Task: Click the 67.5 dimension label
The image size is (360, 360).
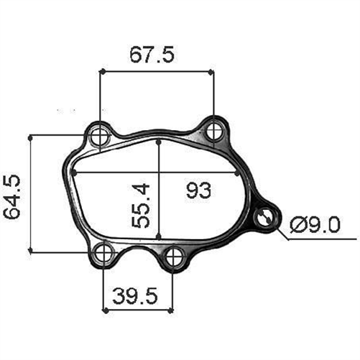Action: pyautogui.click(x=152, y=55)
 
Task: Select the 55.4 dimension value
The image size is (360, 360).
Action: pyautogui.click(x=141, y=205)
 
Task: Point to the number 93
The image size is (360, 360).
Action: pyautogui.click(x=198, y=190)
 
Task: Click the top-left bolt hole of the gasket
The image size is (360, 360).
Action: pyautogui.click(x=100, y=133)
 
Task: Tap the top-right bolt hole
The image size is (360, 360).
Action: pyautogui.click(x=213, y=131)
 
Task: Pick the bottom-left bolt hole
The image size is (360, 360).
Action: pyautogui.click(x=106, y=251)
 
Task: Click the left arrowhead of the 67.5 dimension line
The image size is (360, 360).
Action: pyautogui.click(x=103, y=71)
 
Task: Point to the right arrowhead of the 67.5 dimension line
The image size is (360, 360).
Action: pyautogui.click(x=211, y=71)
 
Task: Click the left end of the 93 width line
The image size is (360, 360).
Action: pyautogui.click(x=75, y=173)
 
